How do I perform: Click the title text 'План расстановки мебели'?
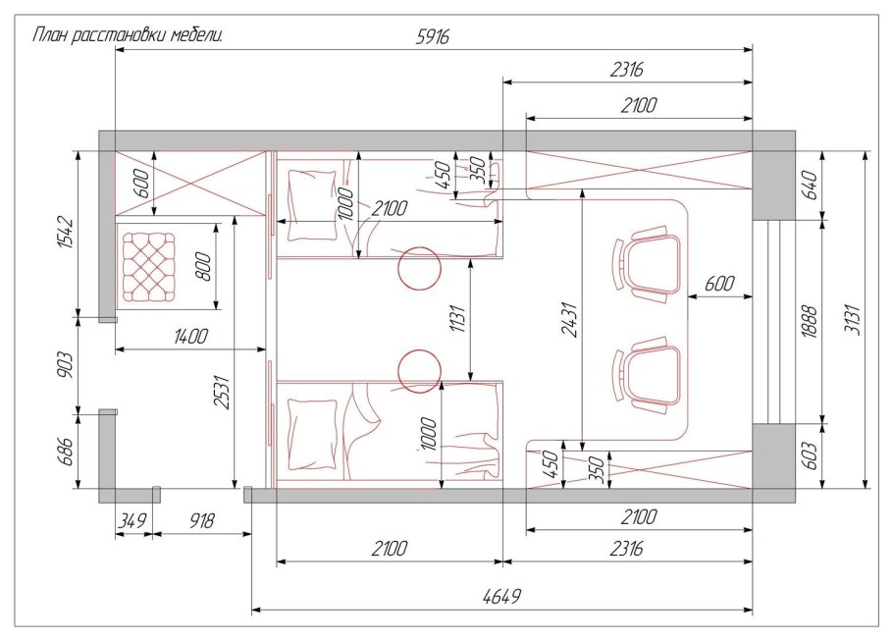click(127, 35)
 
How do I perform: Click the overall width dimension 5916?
click(433, 36)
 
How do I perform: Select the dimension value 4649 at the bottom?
click(501, 597)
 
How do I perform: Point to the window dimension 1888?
click(810, 323)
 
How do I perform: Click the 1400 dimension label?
click(190, 336)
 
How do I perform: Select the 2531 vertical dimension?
click(222, 392)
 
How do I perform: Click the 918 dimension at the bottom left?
click(201, 521)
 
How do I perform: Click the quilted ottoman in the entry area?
click(150, 266)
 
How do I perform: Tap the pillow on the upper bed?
click(312, 206)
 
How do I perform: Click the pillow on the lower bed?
click(312, 435)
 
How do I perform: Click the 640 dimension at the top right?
click(810, 184)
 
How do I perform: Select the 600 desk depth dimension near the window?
click(718, 283)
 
